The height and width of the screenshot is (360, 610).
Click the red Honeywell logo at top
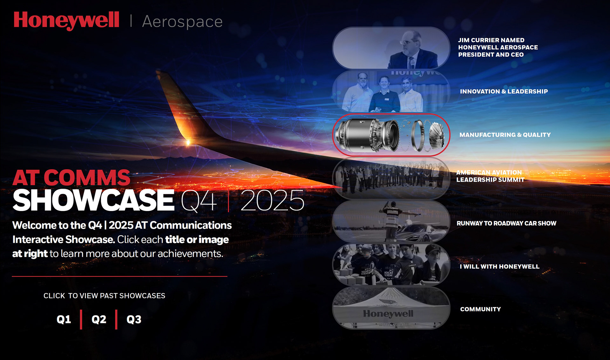click(x=66, y=21)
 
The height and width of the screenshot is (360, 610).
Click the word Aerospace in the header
click(x=182, y=22)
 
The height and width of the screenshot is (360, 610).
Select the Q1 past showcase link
click(x=64, y=319)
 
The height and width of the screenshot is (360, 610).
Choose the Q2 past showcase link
click(x=99, y=319)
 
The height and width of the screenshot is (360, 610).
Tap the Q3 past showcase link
click(x=134, y=319)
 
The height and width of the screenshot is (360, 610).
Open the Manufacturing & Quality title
click(x=505, y=135)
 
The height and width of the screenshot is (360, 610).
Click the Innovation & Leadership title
click(x=504, y=92)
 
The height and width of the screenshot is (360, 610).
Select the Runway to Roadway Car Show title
click(x=506, y=223)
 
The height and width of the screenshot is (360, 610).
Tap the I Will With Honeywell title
click(x=499, y=267)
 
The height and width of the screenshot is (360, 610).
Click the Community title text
click(x=480, y=309)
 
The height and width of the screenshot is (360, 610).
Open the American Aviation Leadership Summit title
click(x=490, y=176)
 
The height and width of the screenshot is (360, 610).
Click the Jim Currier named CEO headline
click(x=498, y=47)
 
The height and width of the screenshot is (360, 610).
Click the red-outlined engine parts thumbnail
click(x=391, y=135)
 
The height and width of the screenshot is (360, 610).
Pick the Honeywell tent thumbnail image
click(x=391, y=308)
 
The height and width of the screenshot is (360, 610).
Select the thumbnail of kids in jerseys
click(x=391, y=265)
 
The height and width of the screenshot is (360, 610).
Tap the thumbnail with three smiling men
click(x=391, y=92)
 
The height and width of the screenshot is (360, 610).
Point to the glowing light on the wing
click(x=188, y=142)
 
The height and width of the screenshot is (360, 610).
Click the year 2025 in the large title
click(x=272, y=200)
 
